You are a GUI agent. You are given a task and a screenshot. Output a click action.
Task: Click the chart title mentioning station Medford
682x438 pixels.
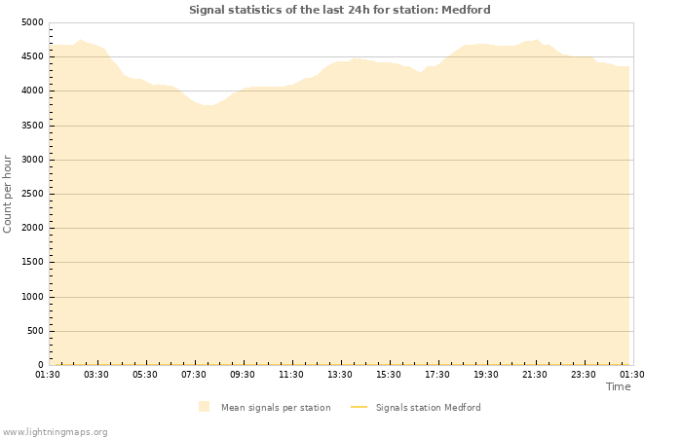tap(340, 10)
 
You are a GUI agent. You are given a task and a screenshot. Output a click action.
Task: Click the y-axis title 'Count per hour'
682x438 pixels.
tap(8, 193)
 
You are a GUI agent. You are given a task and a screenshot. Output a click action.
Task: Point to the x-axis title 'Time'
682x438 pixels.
tap(618, 386)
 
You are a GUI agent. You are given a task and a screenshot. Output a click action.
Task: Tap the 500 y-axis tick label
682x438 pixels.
tap(35, 331)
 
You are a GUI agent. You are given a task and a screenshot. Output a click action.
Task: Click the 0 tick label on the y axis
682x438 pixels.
tap(40, 365)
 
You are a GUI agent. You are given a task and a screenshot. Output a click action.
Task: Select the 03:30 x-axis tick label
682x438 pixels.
tap(96, 375)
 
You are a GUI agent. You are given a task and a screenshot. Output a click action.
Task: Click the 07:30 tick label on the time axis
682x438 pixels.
tap(194, 375)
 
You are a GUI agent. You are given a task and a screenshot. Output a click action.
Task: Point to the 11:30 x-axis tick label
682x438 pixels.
tap(291, 375)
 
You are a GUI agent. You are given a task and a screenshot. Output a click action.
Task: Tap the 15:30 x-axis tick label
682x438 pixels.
tap(389, 375)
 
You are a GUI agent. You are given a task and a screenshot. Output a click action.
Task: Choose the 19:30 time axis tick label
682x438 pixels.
tap(486, 375)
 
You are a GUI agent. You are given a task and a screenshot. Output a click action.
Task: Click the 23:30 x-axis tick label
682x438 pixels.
tap(584, 375)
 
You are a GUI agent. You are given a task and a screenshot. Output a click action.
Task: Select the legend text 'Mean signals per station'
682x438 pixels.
tap(276, 408)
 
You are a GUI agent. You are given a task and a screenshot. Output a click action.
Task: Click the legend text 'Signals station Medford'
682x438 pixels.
tap(428, 408)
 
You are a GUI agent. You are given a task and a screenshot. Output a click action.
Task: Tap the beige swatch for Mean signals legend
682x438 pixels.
tap(204, 407)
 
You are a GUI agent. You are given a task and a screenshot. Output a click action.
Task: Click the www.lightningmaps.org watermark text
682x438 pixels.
tap(56, 431)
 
